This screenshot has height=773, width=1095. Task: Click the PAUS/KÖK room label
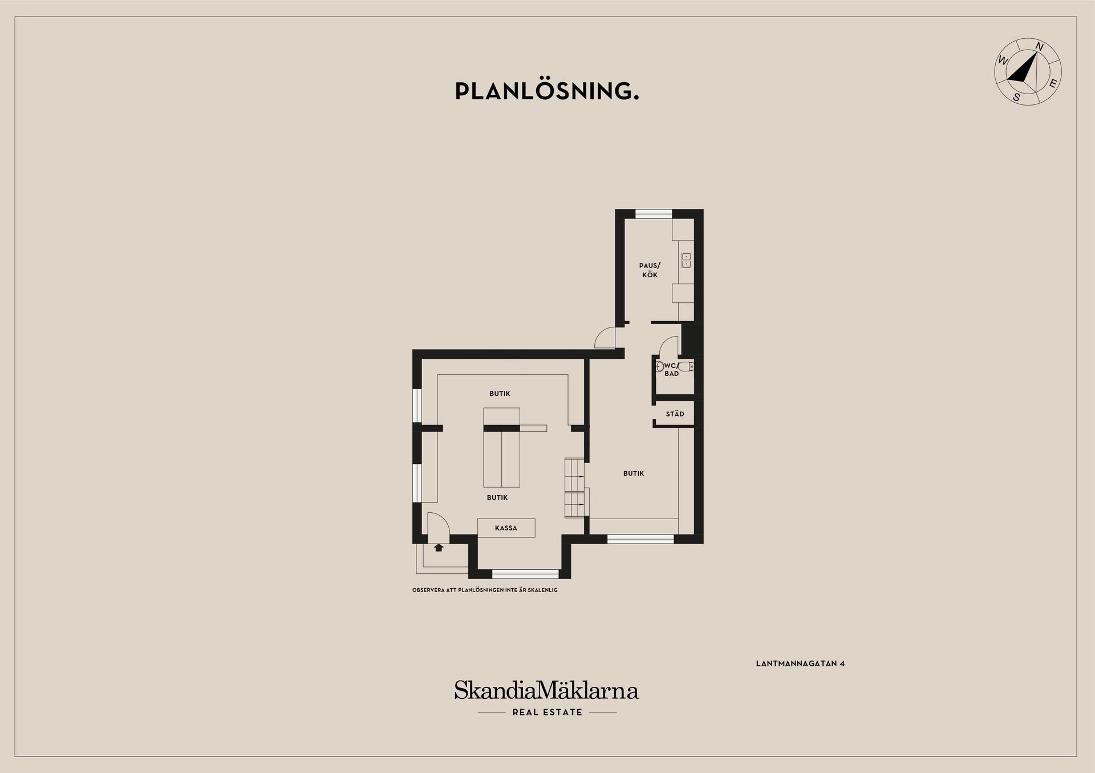point(650,270)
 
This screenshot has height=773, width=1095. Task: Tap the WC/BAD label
point(672,369)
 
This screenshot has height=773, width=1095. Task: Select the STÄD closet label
point(675,414)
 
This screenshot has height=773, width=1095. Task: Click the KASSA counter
point(506,528)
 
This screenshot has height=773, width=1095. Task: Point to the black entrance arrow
point(439,548)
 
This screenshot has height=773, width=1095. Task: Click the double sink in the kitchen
point(686,261)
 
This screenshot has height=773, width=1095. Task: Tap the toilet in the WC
point(690,366)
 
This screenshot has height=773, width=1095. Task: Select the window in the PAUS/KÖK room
point(654,214)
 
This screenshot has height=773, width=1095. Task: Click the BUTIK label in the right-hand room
point(634,473)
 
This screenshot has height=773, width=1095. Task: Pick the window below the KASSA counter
point(525,574)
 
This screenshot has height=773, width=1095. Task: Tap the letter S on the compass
point(1016,98)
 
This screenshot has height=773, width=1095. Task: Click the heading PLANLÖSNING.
point(547,91)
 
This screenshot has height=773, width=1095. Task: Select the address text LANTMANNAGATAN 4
point(800,663)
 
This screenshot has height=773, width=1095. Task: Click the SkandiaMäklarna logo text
point(546,690)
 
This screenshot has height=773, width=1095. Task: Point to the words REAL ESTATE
point(547,712)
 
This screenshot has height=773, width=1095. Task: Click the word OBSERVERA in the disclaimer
point(426,590)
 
